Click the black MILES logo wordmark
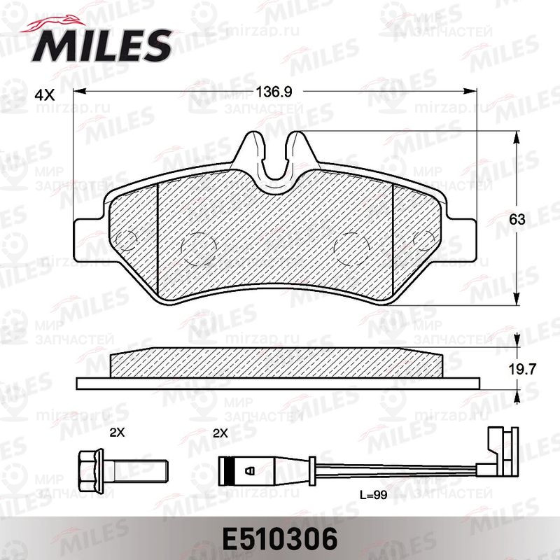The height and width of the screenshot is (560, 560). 102,45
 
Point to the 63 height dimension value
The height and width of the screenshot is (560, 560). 517,219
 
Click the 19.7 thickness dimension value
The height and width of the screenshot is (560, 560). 522,370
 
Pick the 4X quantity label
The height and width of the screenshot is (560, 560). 45,95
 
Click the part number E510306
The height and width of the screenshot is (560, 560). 280,538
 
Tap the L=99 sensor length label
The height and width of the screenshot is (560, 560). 374,495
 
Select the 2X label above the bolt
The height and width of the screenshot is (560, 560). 117,433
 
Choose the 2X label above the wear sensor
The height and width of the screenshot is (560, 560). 220,433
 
